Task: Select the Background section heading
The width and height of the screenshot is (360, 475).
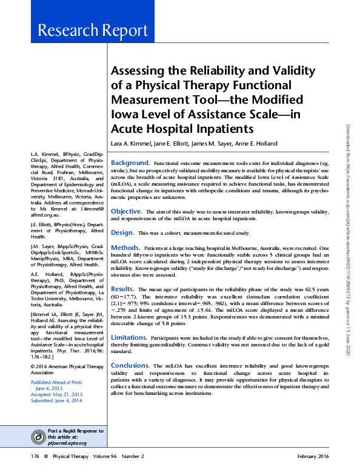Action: click(x=130, y=163)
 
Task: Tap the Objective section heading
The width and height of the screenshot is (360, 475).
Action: click(x=126, y=211)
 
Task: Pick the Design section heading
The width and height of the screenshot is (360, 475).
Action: click(x=122, y=232)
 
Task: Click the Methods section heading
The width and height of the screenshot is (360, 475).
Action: click(x=125, y=248)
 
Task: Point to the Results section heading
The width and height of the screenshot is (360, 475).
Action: click(x=122, y=289)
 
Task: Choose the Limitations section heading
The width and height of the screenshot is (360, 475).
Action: click(x=129, y=337)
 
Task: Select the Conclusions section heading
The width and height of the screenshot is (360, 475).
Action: click(x=130, y=366)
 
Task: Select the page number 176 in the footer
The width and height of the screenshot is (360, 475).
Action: click(x=36, y=456)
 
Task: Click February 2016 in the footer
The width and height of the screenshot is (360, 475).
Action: click(x=313, y=456)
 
